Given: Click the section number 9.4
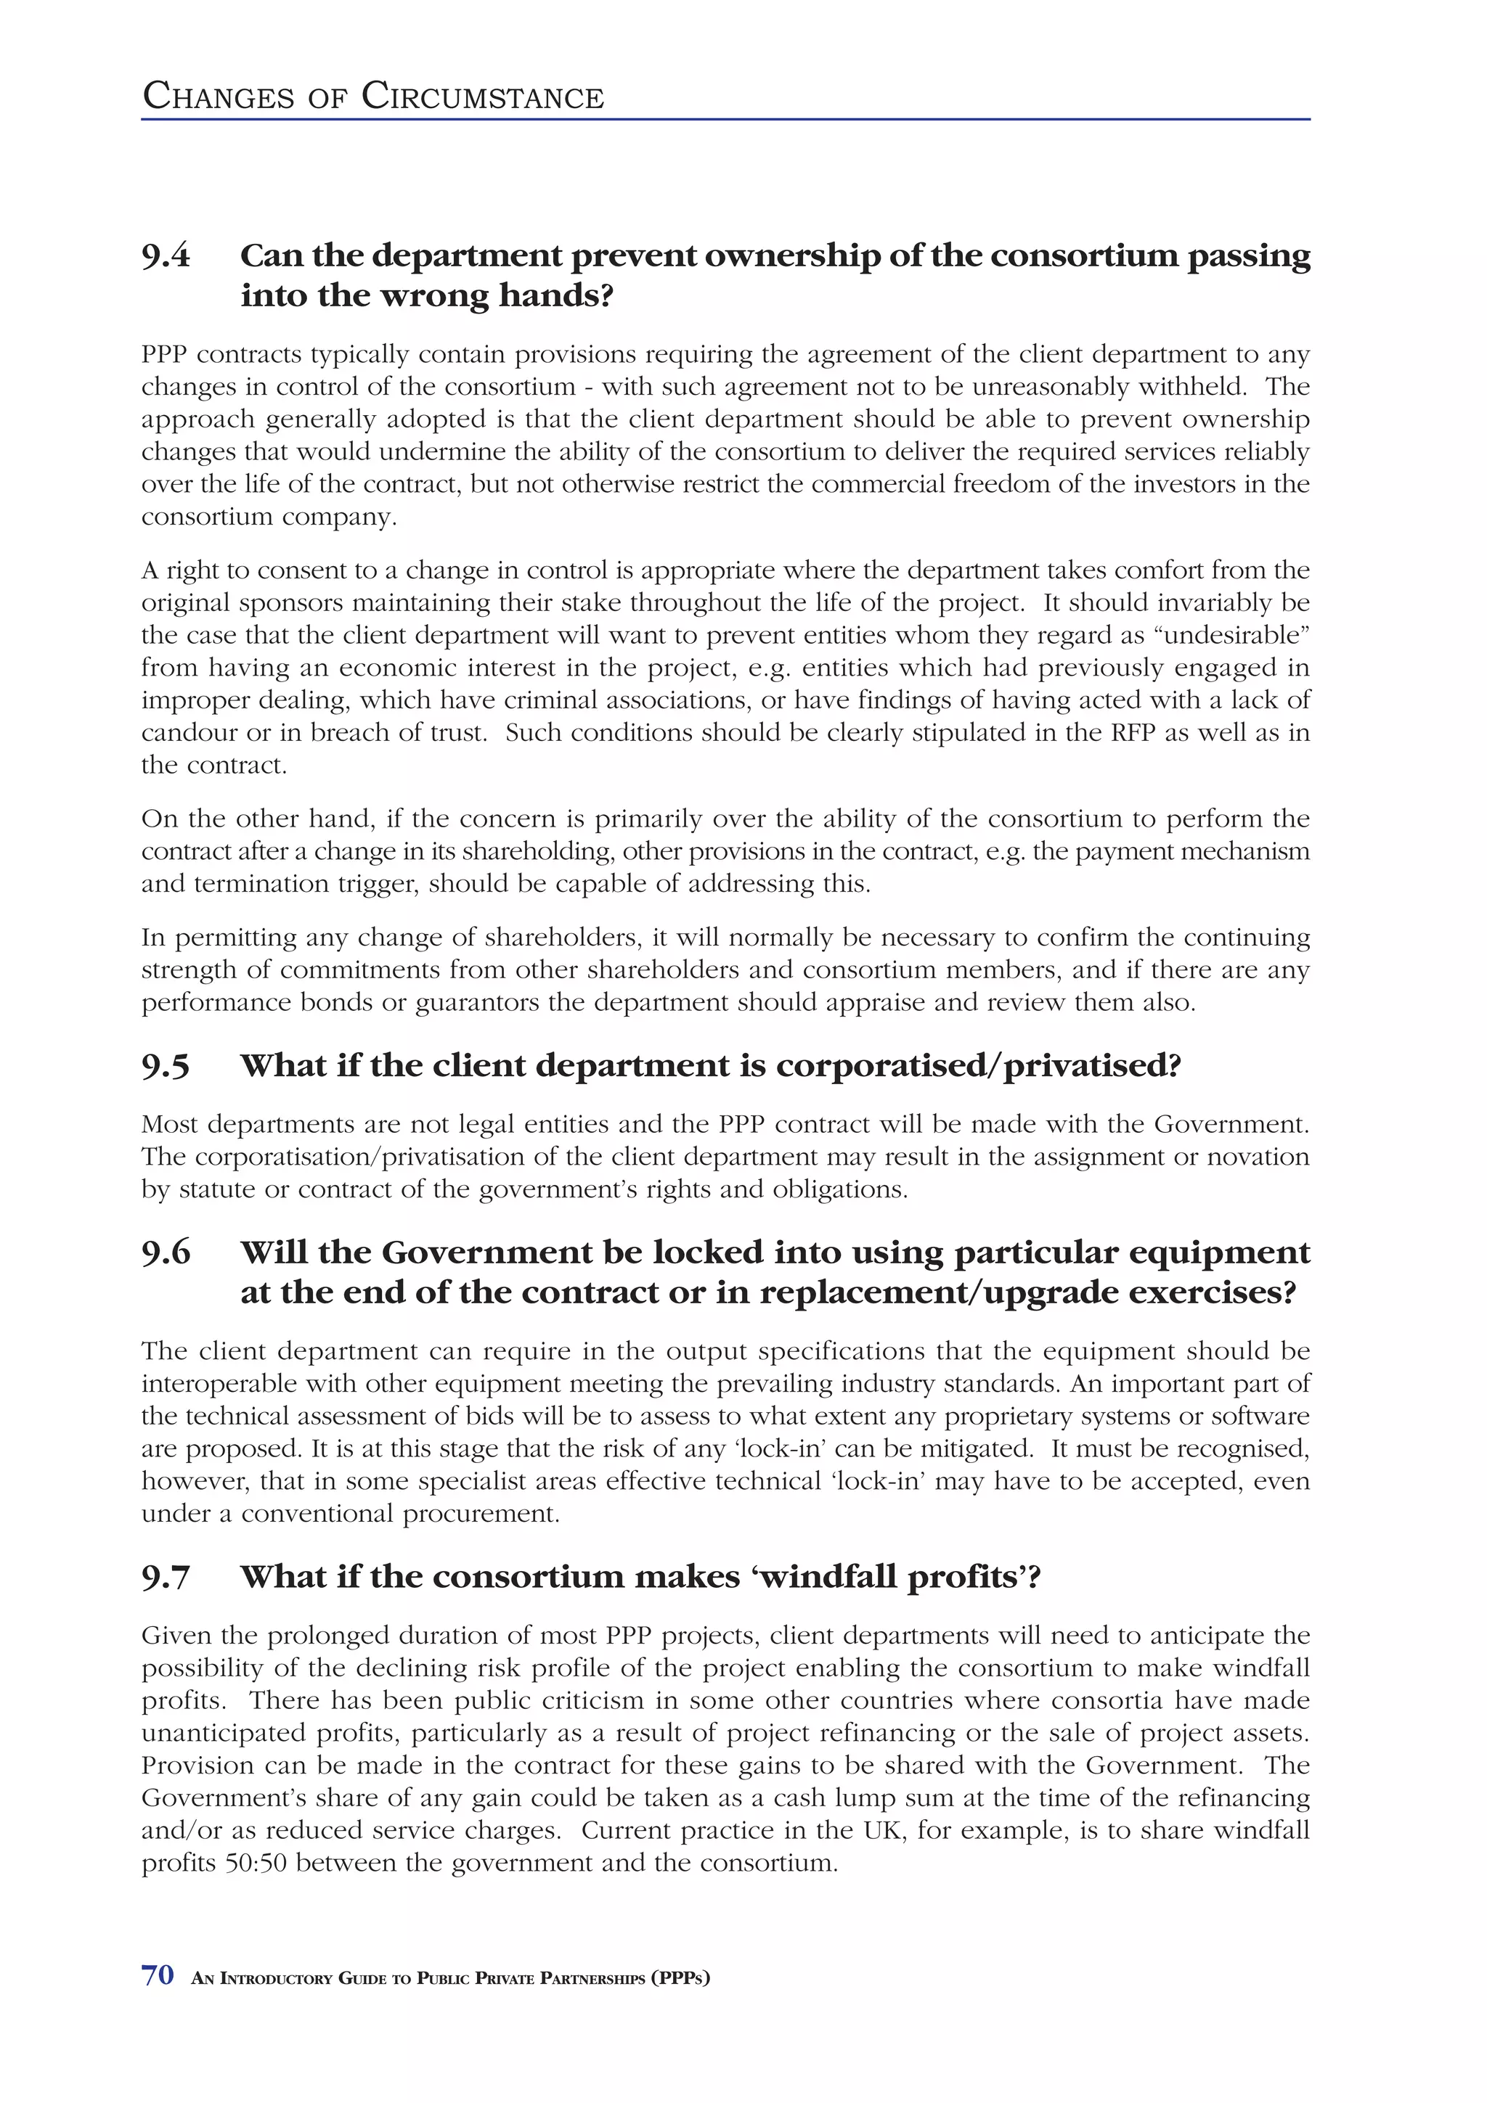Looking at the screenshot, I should pos(166,255).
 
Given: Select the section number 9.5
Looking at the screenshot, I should pos(166,1066).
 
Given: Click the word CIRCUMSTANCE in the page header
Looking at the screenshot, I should pos(483,97).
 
